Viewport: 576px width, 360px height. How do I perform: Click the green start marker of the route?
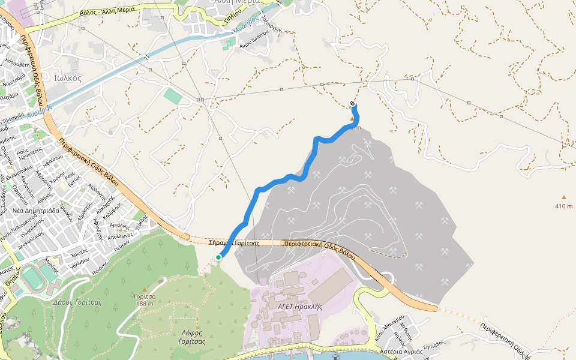[219, 257]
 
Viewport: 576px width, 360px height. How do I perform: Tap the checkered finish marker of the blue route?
[352, 104]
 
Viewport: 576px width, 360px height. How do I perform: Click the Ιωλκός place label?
[67, 78]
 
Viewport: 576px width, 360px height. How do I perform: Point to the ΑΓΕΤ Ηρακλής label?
[300, 306]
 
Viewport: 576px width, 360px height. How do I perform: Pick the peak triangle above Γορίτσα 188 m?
[161, 281]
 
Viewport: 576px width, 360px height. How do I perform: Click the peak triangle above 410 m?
[563, 197]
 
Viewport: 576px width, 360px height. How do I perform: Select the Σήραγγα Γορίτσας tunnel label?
[233, 243]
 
